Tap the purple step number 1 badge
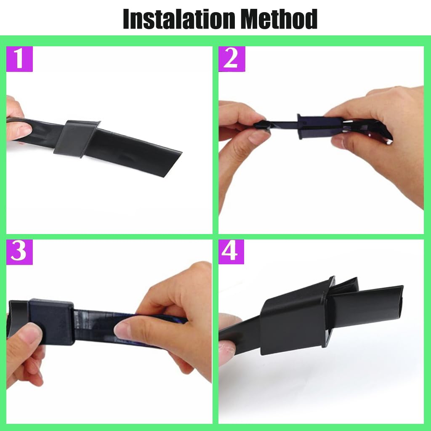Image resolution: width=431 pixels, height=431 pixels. [19, 59]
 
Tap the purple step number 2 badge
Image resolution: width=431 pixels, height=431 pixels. [232, 59]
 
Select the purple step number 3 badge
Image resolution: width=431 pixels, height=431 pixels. [19, 252]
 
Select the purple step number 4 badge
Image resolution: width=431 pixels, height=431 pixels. [231, 252]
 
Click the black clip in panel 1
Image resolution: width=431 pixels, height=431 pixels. [77, 138]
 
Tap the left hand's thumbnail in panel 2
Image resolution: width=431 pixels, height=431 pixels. [258, 136]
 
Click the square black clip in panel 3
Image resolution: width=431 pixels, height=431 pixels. [51, 322]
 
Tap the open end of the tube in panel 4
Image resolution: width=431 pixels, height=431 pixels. [401, 302]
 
